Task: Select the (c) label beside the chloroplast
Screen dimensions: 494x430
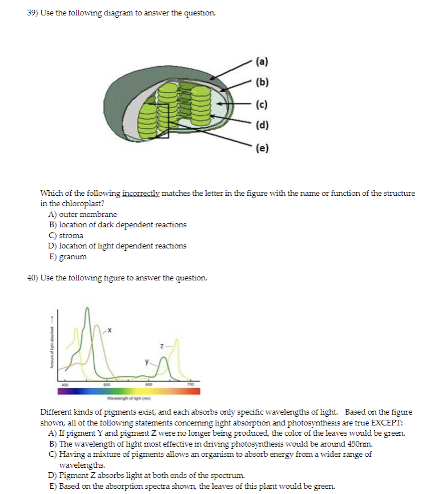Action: (x=263, y=105)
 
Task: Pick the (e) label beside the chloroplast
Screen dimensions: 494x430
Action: (x=263, y=148)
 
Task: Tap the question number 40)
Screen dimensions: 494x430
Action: (x=34, y=278)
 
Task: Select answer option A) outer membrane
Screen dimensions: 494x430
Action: (x=83, y=215)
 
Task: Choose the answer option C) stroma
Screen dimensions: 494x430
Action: (x=67, y=235)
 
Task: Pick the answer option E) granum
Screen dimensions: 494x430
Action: (x=69, y=256)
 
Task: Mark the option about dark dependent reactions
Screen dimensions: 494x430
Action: (x=118, y=225)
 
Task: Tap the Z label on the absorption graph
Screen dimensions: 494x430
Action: (x=162, y=346)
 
